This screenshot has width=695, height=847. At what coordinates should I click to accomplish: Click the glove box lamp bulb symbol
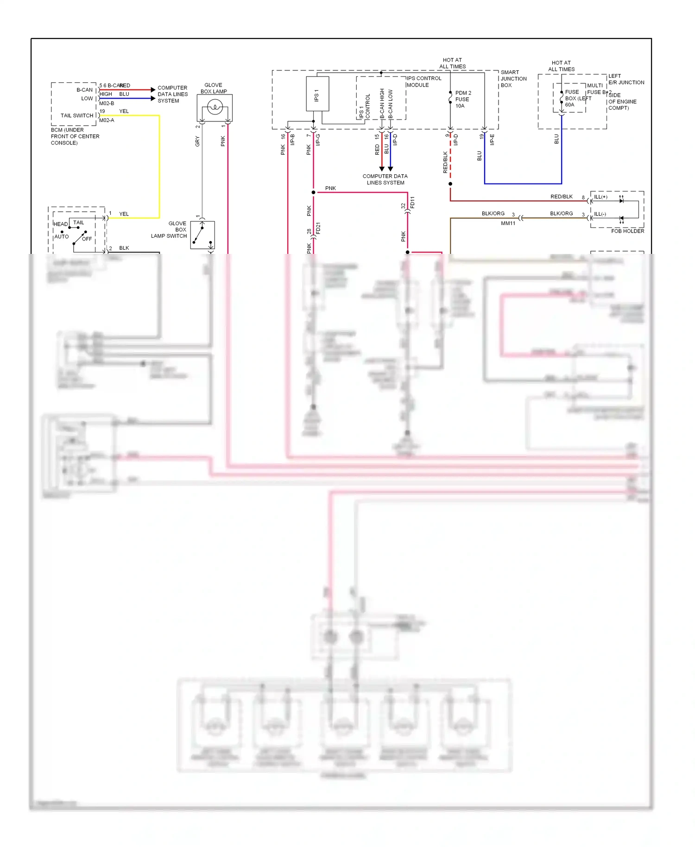tap(215, 108)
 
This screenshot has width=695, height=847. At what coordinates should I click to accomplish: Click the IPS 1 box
tap(317, 94)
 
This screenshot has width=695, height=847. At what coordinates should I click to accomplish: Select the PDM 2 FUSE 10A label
tap(462, 99)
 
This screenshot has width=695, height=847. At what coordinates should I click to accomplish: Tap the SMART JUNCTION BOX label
tap(513, 79)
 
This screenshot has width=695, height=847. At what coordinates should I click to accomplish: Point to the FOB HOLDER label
tap(627, 231)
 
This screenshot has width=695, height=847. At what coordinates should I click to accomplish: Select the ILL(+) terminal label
tap(600, 197)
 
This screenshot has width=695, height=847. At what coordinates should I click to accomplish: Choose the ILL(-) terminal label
tap(600, 214)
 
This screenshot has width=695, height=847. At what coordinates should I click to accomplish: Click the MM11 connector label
tap(508, 223)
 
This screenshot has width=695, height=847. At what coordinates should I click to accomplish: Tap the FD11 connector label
tap(412, 202)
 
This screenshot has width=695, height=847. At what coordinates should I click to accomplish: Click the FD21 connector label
tap(318, 228)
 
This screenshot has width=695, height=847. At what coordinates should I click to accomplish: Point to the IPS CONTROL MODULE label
tap(423, 82)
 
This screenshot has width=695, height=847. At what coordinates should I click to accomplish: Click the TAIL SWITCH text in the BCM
tap(77, 115)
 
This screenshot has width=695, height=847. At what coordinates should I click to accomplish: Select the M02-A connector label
tap(107, 120)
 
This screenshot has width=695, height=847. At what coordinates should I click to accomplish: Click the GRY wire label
tap(197, 141)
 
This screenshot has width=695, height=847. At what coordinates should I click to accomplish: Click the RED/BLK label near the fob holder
tap(561, 196)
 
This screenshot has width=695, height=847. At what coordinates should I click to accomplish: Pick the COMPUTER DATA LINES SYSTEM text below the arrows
tap(385, 179)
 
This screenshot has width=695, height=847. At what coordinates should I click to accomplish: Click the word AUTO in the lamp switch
tap(62, 236)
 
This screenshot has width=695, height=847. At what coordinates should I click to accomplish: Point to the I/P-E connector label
tap(492, 139)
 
